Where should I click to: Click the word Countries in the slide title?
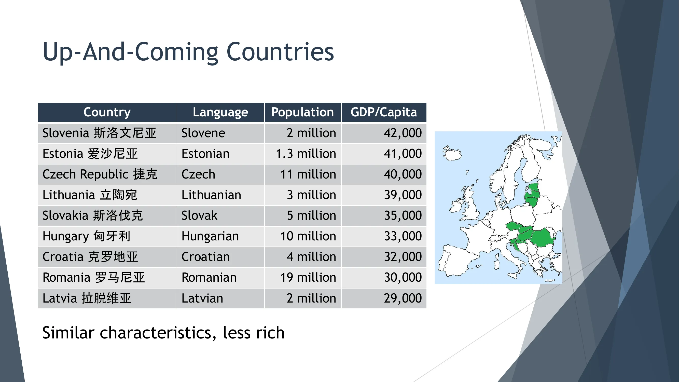coord(280,52)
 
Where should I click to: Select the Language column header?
coord(220,112)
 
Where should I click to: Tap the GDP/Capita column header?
coord(383,112)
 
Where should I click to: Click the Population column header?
coord(302,112)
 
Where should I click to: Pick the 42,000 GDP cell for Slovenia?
coord(403,133)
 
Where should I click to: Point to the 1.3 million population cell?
coord(306,154)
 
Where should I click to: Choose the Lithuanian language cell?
coord(211,195)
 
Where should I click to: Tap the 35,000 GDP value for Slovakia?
coord(403,216)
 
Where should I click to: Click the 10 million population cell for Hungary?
coord(308,236)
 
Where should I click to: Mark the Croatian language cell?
coord(205,257)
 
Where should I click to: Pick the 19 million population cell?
coord(308,277)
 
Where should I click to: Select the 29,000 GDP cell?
coord(403,298)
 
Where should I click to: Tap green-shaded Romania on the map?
coord(543,237)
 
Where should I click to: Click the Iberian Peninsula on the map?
coord(456,260)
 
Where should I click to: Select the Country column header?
coord(107,112)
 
